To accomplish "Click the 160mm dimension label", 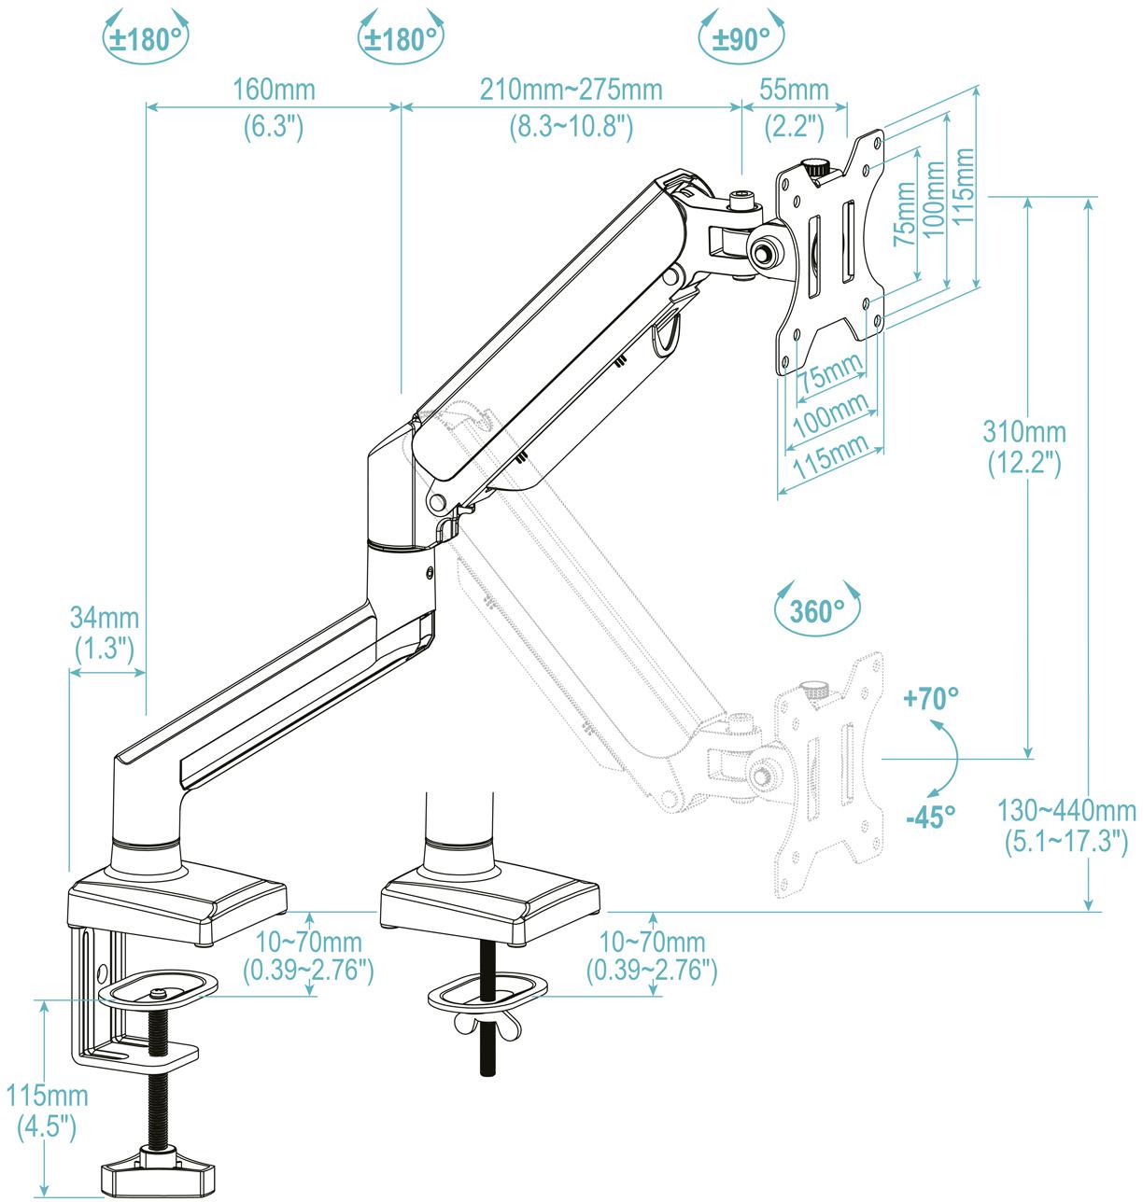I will pos(274,90).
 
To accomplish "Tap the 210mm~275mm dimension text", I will pos(571,90).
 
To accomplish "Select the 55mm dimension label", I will pos(794,90).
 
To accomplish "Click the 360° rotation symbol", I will pos(817,611).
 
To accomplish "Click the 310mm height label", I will pos(1023,432).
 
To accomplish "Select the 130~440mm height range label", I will pos(1069,809).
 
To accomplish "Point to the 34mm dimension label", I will pos(105,618).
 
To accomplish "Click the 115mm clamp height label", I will pos(47,1095).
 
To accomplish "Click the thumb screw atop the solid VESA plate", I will pos(816,169).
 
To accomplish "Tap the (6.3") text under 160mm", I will pos(274,125).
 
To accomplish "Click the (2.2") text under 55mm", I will pos(794,125).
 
